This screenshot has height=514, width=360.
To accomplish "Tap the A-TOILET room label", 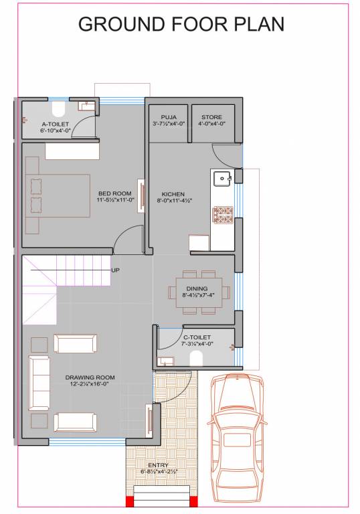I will (x=55, y=124).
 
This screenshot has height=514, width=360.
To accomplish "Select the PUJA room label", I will (x=169, y=117).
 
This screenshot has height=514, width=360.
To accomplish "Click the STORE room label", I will (x=212, y=117).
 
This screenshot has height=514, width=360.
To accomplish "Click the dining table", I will (x=202, y=292).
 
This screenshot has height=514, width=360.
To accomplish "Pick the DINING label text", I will (x=197, y=288).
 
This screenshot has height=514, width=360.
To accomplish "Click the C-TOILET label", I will (x=197, y=337).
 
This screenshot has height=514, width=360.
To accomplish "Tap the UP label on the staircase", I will (x=116, y=270).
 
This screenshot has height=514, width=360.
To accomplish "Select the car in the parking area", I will (x=237, y=438).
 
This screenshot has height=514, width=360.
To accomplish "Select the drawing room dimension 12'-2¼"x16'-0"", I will (x=90, y=383).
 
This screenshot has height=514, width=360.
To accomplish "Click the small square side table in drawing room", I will (x=39, y=344).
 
